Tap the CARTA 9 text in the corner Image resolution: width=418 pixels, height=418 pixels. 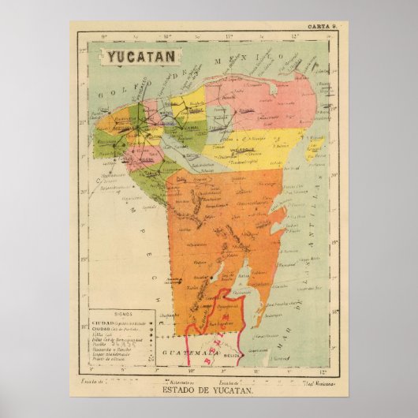323,27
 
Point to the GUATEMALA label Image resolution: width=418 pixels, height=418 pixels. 178,354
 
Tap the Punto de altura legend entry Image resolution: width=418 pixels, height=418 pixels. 108,360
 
